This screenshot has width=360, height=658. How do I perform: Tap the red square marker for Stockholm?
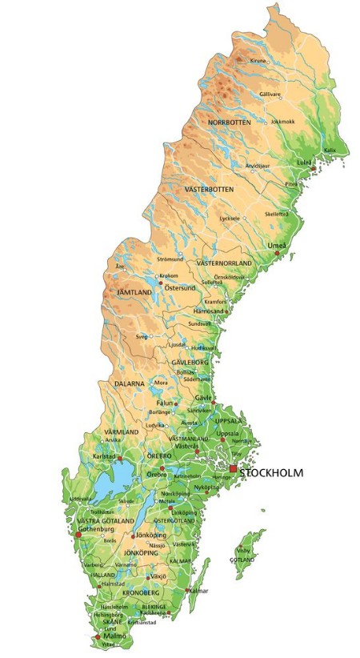234,469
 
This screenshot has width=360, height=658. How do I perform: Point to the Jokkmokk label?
283,122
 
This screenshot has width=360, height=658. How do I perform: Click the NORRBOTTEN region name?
229,122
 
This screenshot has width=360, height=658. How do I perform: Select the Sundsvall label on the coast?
199,323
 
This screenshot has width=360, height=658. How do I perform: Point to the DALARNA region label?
128,384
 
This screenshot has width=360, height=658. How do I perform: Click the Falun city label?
165,403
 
